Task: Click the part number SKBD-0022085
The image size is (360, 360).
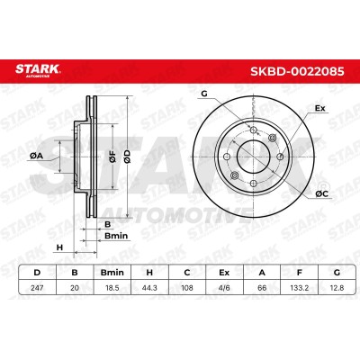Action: tap(297, 72)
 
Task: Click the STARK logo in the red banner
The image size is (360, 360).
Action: tap(38, 70)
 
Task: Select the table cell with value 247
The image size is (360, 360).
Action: tap(37, 288)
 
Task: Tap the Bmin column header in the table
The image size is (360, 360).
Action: tap(112, 273)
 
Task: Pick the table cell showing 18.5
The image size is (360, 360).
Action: tap(112, 288)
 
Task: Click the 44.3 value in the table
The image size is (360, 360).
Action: tap(149, 288)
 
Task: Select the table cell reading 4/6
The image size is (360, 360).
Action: tap(224, 288)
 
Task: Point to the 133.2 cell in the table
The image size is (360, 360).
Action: tap(299, 288)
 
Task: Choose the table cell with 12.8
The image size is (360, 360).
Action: tap(337, 288)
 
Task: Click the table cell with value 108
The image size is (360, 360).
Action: tap(187, 288)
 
